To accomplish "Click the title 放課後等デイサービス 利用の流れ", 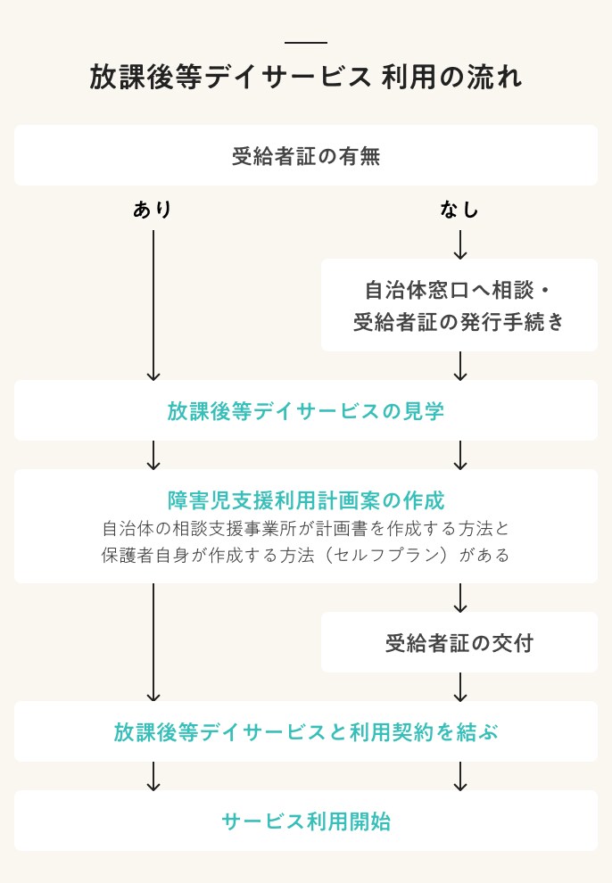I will click(x=305, y=78).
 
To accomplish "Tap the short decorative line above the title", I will click(x=305, y=43).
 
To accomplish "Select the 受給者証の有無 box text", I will click(x=305, y=156).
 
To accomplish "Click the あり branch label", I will click(x=153, y=210).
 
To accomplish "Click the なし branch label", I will click(x=459, y=210).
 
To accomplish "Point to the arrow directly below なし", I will click(x=460, y=244).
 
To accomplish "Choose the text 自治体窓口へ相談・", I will click(x=459, y=291).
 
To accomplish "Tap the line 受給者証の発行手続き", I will click(x=459, y=322).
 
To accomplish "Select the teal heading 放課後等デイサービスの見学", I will click(x=305, y=411).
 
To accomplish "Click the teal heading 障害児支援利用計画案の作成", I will click(x=305, y=499).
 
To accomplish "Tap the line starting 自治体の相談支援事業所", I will click(x=305, y=528).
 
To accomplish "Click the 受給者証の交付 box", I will click(x=459, y=642).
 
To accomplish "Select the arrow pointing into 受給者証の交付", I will click(x=460, y=598).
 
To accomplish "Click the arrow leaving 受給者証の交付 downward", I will click(x=460, y=687).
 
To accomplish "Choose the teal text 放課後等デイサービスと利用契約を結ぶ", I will click(x=305, y=732).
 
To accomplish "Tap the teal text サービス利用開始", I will click(x=305, y=821).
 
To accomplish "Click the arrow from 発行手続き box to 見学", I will click(x=460, y=366).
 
